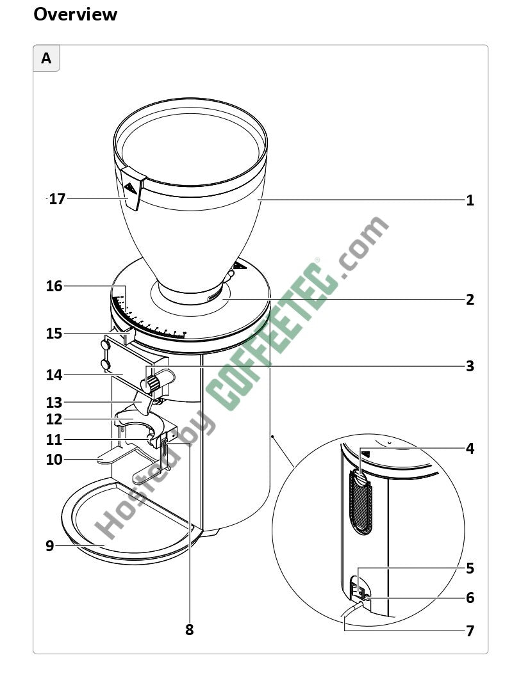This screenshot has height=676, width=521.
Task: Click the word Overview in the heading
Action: click(x=75, y=14)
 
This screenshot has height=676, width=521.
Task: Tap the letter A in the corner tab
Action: click(x=46, y=58)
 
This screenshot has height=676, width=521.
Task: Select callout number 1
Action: click(x=470, y=200)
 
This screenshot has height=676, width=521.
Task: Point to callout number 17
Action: click(x=57, y=198)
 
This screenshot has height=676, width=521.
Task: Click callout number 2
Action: click(x=470, y=299)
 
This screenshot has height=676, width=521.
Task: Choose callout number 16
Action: click(x=54, y=286)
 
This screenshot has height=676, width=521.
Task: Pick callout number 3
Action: click(x=470, y=366)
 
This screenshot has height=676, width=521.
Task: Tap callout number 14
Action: click(x=54, y=374)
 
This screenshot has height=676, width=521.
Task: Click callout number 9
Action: click(x=50, y=546)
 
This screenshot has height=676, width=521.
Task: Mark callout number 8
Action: click(x=190, y=629)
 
